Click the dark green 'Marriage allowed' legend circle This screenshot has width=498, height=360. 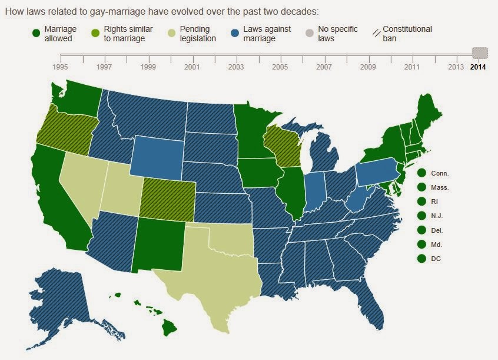click(x=36, y=34)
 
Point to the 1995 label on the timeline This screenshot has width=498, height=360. click(x=61, y=67)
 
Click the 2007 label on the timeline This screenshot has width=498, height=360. click(x=324, y=67)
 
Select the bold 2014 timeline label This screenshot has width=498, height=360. click(x=478, y=67)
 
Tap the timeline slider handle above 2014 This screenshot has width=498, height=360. click(x=480, y=53)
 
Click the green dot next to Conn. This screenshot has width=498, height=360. click(x=421, y=173)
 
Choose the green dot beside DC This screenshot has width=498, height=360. click(x=421, y=259)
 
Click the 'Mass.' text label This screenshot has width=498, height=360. click(x=440, y=187)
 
